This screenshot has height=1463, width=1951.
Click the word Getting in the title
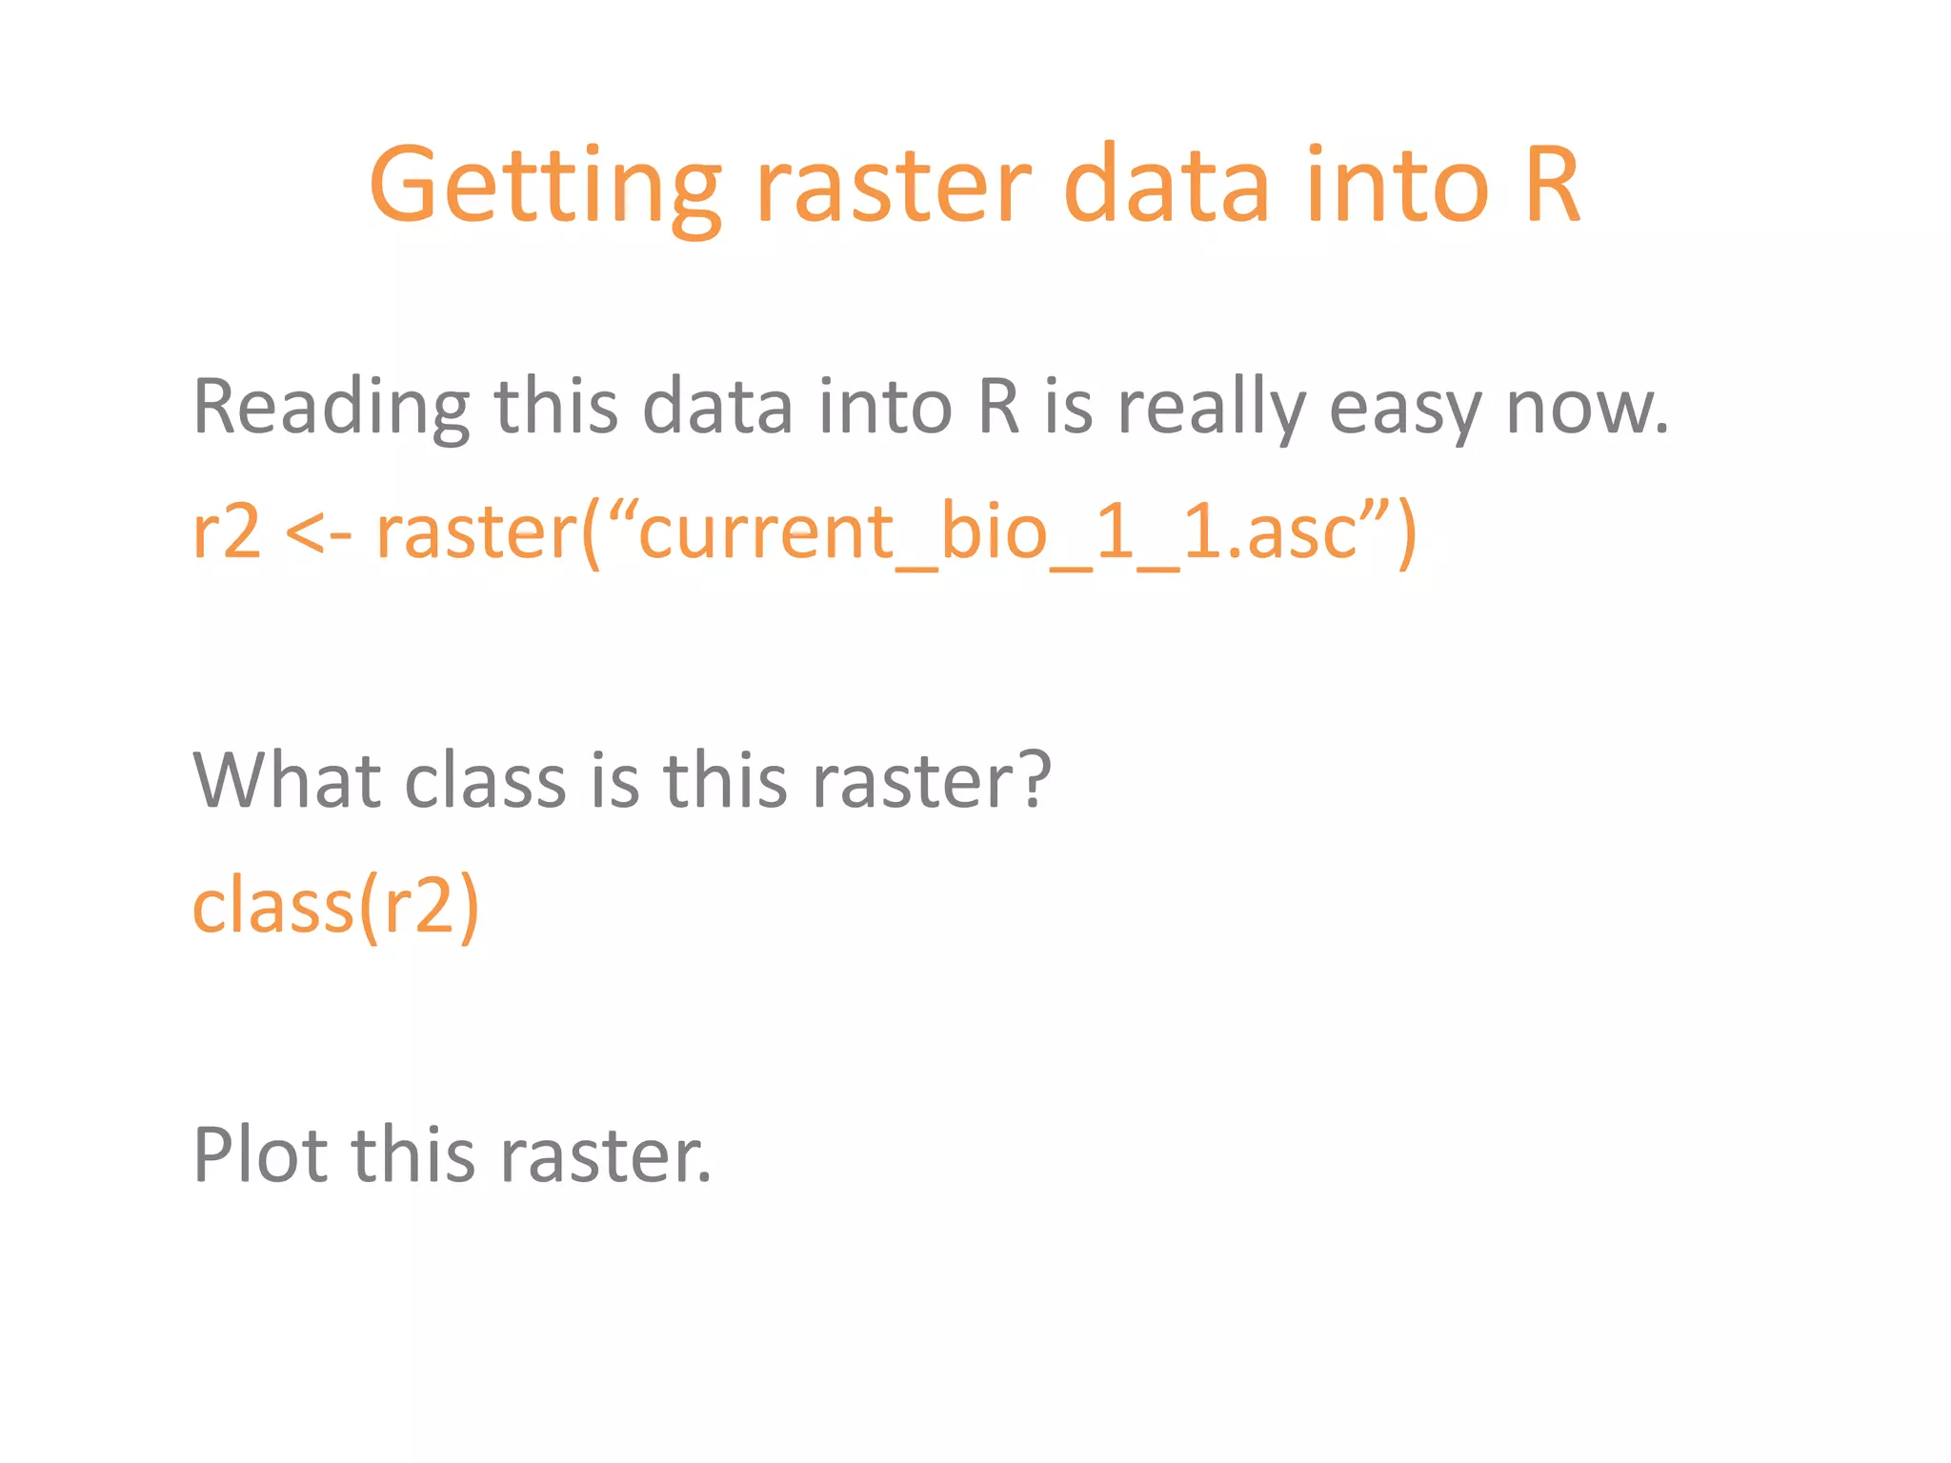point(544,187)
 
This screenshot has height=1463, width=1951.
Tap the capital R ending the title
point(1551,185)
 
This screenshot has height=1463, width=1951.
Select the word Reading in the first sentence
point(331,408)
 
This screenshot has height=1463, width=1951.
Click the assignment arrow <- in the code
point(318,533)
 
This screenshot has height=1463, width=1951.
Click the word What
point(288,781)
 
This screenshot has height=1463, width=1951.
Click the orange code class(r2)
point(335,906)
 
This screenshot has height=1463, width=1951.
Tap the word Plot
point(260,1155)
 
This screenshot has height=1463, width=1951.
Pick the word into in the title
point(1397,187)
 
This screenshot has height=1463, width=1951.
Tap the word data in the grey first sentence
point(717,408)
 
